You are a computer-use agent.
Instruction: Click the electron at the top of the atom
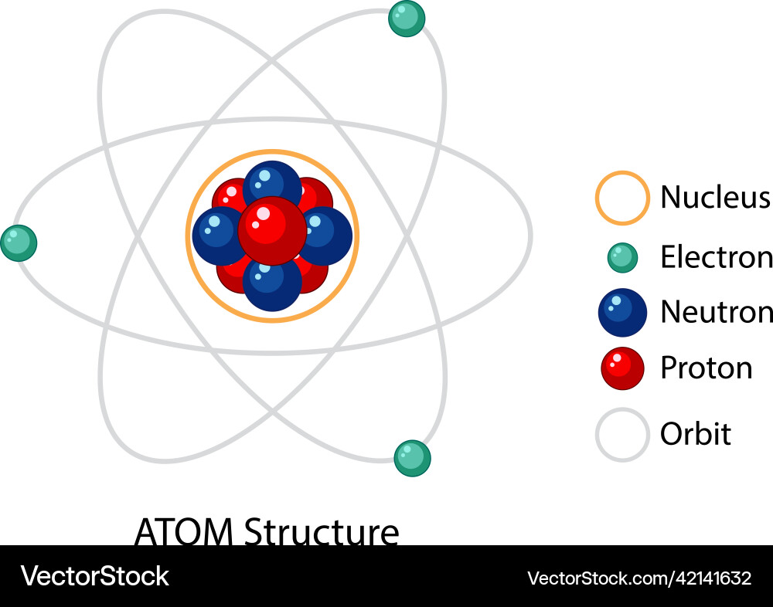[407, 19]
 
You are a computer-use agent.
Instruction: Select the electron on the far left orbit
[19, 243]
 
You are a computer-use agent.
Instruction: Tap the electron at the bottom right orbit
[412, 459]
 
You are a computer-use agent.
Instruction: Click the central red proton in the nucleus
[272, 230]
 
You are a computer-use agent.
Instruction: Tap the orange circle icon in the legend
[621, 198]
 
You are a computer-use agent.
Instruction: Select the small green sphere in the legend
[622, 258]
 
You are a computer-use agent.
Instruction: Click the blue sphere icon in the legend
[622, 313]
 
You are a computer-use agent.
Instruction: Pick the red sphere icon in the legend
[622, 368]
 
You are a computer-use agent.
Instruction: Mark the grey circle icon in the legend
[621, 435]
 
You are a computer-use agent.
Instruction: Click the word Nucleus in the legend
[715, 198]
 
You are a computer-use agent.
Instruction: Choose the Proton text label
[706, 368]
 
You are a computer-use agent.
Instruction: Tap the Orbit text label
[695, 434]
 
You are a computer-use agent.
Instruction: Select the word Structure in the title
[321, 532]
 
